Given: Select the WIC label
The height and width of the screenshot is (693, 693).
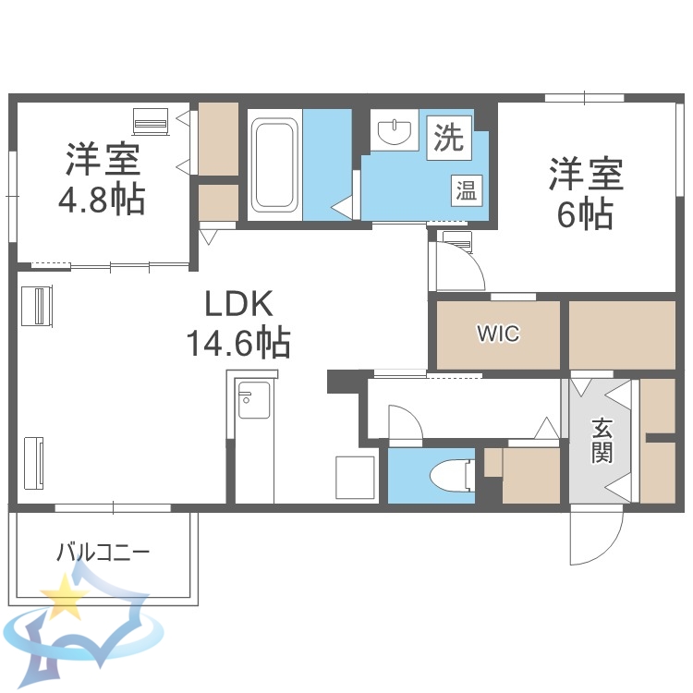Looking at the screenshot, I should pos(498,334).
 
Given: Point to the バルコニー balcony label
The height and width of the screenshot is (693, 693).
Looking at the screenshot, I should pos(103,553).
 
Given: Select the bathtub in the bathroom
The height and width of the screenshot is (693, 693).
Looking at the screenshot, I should pos(274,164).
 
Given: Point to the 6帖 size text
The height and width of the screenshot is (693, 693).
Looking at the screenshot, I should pos(585,213).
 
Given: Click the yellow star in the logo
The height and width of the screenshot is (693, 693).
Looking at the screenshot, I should pos(66,599).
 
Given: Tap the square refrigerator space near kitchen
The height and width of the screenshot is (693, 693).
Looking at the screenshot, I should pos(354,477).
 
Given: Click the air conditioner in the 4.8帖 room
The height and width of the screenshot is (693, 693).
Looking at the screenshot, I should pos(151,122).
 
